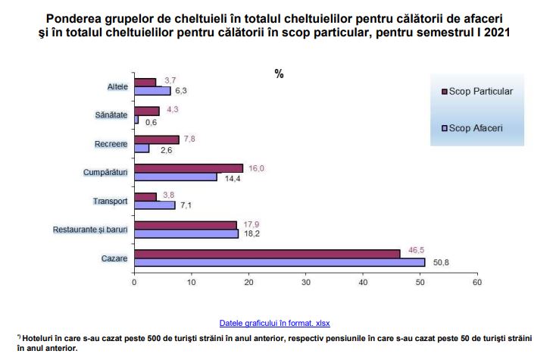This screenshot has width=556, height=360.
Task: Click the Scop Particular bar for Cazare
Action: [x=267, y=254]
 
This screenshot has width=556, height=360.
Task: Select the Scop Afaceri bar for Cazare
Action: [x=279, y=263]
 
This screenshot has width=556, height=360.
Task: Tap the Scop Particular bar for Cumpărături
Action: [x=188, y=167]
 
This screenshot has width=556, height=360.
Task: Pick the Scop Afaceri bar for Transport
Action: [x=155, y=205]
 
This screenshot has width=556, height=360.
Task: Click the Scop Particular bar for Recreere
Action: [x=157, y=139]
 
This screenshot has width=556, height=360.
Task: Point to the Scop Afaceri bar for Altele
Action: [x=152, y=91]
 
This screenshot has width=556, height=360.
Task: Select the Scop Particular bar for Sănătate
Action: [x=146, y=111]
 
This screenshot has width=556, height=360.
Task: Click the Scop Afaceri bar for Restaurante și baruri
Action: [x=186, y=234]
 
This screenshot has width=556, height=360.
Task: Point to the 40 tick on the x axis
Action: [x=363, y=282]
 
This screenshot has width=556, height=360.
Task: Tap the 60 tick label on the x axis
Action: [x=476, y=282]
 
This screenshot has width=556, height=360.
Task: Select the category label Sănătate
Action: [x=111, y=114]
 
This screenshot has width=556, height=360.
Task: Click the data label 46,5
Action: [x=414, y=248]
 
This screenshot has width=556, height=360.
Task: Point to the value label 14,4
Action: [x=231, y=178]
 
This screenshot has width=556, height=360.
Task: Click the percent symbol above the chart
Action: [x=279, y=74]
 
